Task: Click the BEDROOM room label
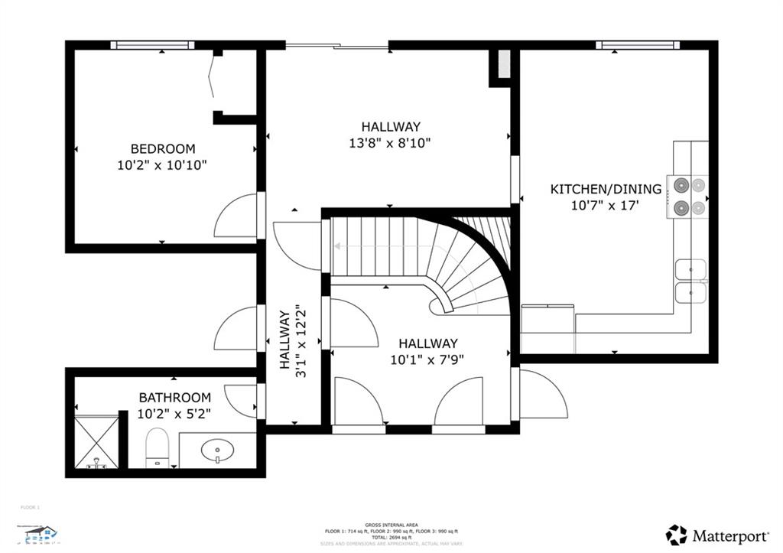[x=162, y=149]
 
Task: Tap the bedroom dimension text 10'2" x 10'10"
[x=162, y=164]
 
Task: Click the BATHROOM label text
[x=174, y=398]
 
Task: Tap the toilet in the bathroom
[x=157, y=446]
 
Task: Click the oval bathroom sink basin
[x=218, y=449]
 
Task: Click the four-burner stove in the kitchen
[x=687, y=196]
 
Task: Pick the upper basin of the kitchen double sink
[x=690, y=269]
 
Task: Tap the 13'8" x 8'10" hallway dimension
[x=391, y=143]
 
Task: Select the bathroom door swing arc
[x=242, y=400]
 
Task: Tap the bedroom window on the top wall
[x=152, y=45]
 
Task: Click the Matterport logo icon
[x=676, y=535]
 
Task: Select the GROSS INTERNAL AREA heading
[x=391, y=524]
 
